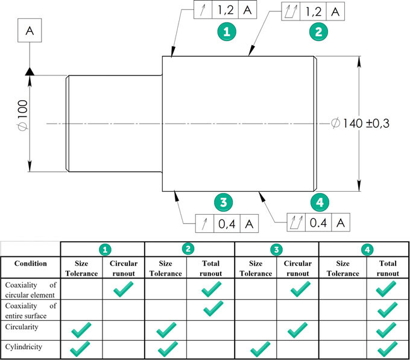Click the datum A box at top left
30,29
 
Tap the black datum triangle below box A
30,72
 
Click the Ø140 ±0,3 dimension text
361,124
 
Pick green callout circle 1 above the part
226,31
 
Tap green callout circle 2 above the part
318,31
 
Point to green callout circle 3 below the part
223,203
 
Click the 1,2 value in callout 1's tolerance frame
226,10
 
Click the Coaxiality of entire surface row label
30,311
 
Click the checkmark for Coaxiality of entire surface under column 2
212,310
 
